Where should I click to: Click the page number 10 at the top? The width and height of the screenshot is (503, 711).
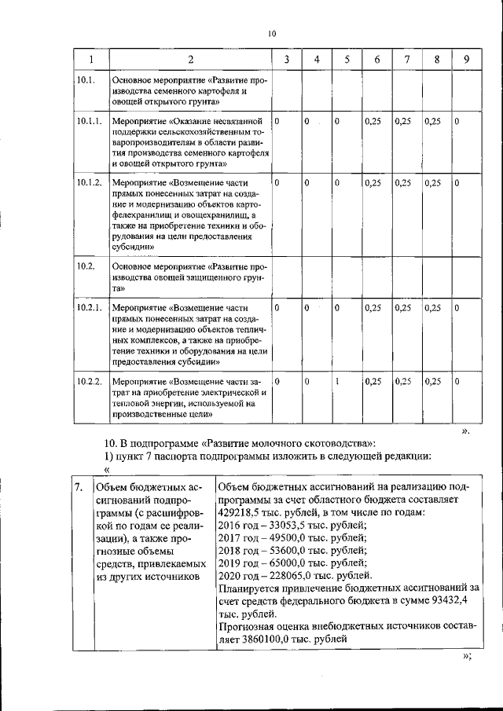[x=272, y=34]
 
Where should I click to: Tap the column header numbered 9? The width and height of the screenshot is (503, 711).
[x=466, y=60]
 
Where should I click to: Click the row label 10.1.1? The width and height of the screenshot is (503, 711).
[x=89, y=122]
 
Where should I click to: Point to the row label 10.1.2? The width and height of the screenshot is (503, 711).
[x=89, y=182]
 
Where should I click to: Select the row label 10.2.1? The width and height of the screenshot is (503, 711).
[x=89, y=306]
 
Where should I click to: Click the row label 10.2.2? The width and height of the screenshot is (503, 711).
[x=89, y=381]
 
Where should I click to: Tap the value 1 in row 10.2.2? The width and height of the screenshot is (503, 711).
[x=336, y=381]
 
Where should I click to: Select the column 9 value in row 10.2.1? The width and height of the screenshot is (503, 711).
[x=457, y=306]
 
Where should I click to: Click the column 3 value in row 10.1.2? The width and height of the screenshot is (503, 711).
[x=277, y=182]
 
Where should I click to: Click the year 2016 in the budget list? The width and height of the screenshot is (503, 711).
[x=231, y=524]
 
